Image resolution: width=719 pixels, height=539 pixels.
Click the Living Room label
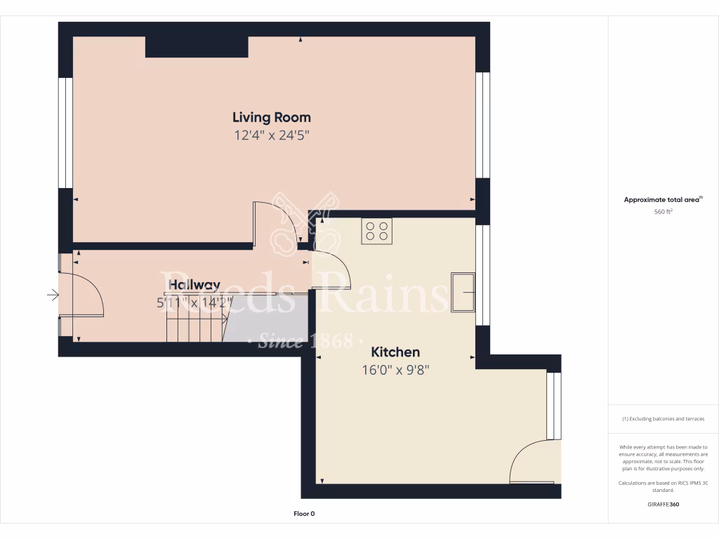(x=272, y=117)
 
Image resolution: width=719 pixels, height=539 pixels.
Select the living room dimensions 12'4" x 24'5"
(x=272, y=135)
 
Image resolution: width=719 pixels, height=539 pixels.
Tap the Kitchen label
(x=395, y=352)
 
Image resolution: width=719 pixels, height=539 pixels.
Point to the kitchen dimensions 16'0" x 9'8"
(x=395, y=370)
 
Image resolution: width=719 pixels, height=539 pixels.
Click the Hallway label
(x=194, y=286)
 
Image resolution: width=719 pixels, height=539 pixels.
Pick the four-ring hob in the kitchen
(x=377, y=231)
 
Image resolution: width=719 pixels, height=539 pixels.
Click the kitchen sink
(x=463, y=291)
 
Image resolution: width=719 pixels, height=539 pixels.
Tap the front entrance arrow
(x=53, y=295)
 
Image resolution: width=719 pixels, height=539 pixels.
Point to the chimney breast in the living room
(x=197, y=47)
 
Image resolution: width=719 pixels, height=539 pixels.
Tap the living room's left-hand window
(x=65, y=133)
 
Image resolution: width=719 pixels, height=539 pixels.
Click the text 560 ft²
(x=663, y=211)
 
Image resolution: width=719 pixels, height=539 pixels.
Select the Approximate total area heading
(x=663, y=200)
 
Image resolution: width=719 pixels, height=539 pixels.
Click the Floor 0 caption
(x=303, y=514)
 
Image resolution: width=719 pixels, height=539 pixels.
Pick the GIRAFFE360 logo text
(x=663, y=505)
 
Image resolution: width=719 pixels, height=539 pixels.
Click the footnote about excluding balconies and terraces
(x=663, y=419)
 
